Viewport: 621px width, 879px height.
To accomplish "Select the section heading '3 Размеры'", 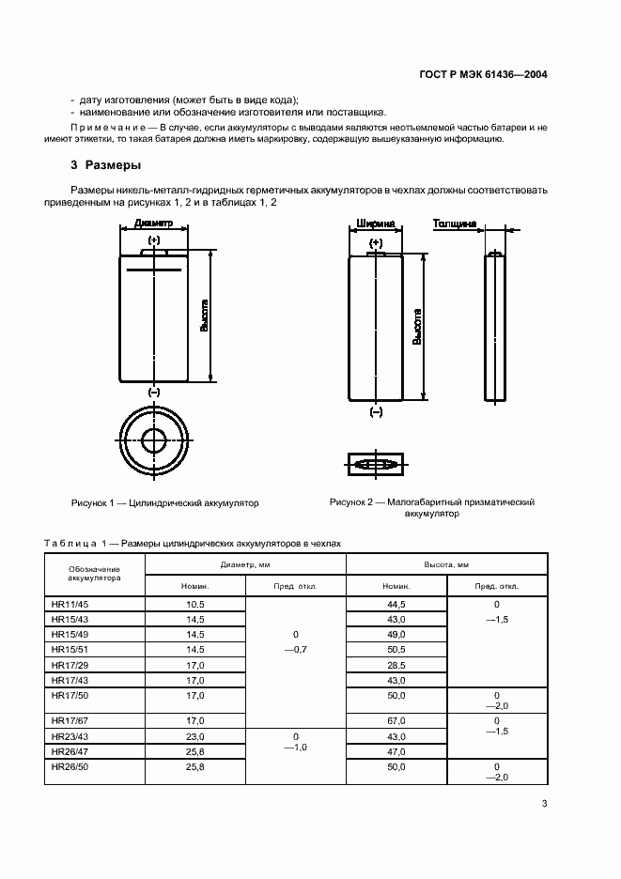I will (106, 165).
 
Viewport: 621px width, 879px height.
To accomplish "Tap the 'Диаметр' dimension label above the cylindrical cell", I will (154, 224).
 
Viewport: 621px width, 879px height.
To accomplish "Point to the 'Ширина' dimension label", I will (376, 224).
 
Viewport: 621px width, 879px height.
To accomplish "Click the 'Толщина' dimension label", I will (455, 224).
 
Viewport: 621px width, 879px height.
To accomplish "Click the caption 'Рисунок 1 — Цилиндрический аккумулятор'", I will (165, 503).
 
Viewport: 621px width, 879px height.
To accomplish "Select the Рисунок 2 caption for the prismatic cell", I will (431, 508).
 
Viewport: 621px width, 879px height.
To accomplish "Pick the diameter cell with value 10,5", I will (195, 605).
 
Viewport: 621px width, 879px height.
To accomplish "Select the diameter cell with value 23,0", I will (195, 736).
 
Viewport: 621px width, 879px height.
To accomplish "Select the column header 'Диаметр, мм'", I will (245, 564).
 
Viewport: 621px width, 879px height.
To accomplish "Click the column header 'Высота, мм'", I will (449, 564).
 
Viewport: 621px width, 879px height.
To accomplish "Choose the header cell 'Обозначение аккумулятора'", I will (94, 574).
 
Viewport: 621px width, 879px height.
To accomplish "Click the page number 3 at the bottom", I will (545, 803).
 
